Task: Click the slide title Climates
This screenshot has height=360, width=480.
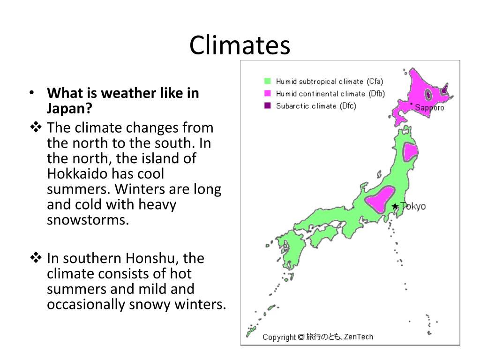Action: pos(240,45)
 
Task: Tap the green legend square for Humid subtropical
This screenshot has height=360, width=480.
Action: pos(268,81)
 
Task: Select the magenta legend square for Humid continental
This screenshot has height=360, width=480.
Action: pos(268,94)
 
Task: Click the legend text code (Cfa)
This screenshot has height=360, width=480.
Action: pos(375,82)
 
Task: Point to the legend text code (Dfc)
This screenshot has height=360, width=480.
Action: pos(348,106)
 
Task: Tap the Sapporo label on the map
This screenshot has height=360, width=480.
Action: pos(429,108)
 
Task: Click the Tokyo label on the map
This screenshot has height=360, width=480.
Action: pos(413,206)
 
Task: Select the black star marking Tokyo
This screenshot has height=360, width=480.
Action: pos(395,206)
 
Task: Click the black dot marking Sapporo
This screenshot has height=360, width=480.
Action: pos(412,104)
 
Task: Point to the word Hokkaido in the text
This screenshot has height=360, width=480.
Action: pos(77,174)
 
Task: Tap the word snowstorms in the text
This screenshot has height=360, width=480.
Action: pos(88,220)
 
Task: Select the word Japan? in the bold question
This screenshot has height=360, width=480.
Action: pos(69,108)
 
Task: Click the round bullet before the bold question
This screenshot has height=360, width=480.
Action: pos(31,93)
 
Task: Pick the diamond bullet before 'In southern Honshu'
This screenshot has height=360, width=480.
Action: pos(36,257)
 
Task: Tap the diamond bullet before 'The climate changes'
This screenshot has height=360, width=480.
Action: pos(36,127)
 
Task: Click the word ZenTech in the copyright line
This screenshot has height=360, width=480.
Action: pos(359,337)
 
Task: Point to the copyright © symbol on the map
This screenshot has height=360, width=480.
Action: pos(301,337)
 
